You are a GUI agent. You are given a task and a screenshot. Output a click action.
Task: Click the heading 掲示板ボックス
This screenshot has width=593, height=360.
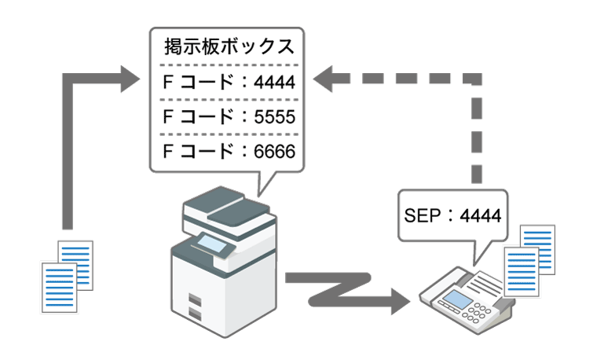coord(229,45)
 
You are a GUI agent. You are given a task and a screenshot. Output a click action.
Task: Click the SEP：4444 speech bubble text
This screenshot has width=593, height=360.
coord(451,214)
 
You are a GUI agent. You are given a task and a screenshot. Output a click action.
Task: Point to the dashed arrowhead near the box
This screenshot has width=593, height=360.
coord(327,78)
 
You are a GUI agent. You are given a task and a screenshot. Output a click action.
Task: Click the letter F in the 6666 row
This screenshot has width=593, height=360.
coord(167,150)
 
